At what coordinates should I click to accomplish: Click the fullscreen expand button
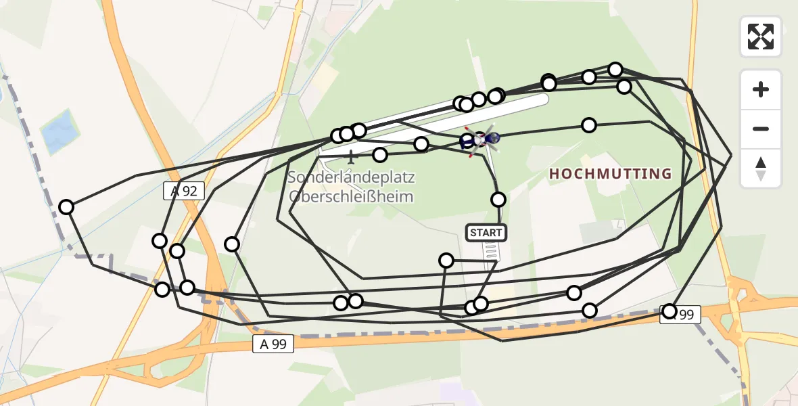pos(761,37)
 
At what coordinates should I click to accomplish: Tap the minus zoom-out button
pos(761,129)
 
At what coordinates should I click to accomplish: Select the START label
pos(486,233)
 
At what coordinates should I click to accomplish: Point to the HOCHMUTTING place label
pos(610,174)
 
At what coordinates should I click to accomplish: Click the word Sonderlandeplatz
pos(350,178)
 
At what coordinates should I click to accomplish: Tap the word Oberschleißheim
pos(350,196)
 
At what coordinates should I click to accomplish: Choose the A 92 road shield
pos(184,191)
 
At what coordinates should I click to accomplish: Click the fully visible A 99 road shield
pos(273,344)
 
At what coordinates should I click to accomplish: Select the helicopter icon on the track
pos(482,139)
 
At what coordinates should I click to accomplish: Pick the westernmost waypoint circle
pos(66,207)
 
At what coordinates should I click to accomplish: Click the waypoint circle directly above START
pos(498,199)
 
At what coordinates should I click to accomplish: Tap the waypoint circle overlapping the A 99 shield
pos(670,311)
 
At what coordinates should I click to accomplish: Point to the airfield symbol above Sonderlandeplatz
pos(350,158)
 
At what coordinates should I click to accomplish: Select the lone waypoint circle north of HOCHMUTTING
pos(589,125)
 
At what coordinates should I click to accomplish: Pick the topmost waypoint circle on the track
pos(615,69)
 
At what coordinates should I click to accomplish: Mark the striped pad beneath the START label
pos(492,252)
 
